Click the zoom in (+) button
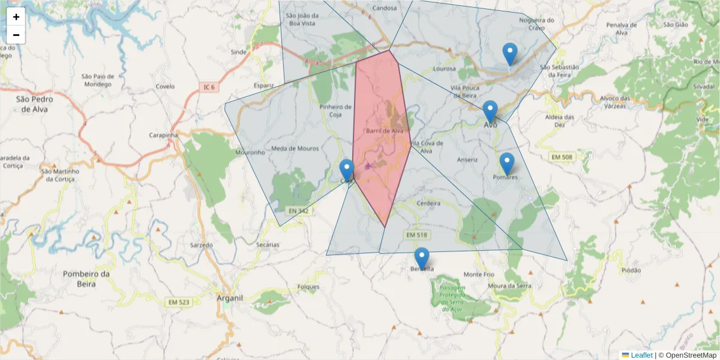coord(16,17)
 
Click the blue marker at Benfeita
coord(422,258)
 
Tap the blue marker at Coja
coord(347,170)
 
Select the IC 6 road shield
coord(209,88)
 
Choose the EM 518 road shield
coord(416,235)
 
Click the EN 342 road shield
coord(298,211)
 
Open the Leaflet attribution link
coord(641,355)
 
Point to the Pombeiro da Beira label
coord(87,278)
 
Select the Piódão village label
coord(631,271)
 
